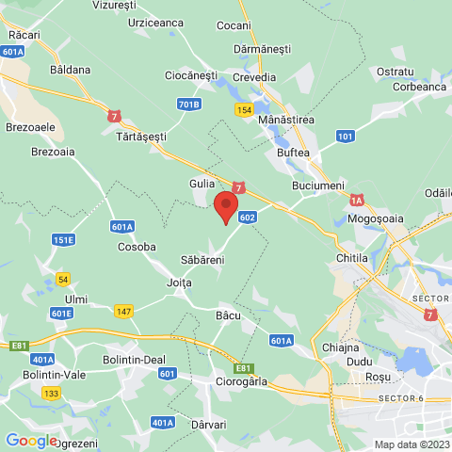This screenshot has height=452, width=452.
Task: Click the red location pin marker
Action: pos(226,206)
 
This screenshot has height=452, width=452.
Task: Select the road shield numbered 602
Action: pos(248,218)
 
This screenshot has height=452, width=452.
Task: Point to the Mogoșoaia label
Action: pos(376,218)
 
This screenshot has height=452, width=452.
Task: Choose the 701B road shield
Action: pos(188,104)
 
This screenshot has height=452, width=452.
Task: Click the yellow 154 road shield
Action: pos(244,110)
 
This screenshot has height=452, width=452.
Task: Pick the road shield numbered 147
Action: pos(124,311)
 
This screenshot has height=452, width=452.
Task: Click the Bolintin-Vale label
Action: pos(39,376)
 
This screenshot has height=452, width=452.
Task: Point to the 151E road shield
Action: pos(63,240)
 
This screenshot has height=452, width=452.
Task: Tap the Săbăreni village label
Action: pos(202,258)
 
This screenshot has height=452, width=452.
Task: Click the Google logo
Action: pos(30,440)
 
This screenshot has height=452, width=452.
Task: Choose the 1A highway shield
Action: pos(357,200)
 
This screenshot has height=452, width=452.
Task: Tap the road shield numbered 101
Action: pos(346,137)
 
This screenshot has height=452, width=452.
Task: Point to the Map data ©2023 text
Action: pos(411,444)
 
